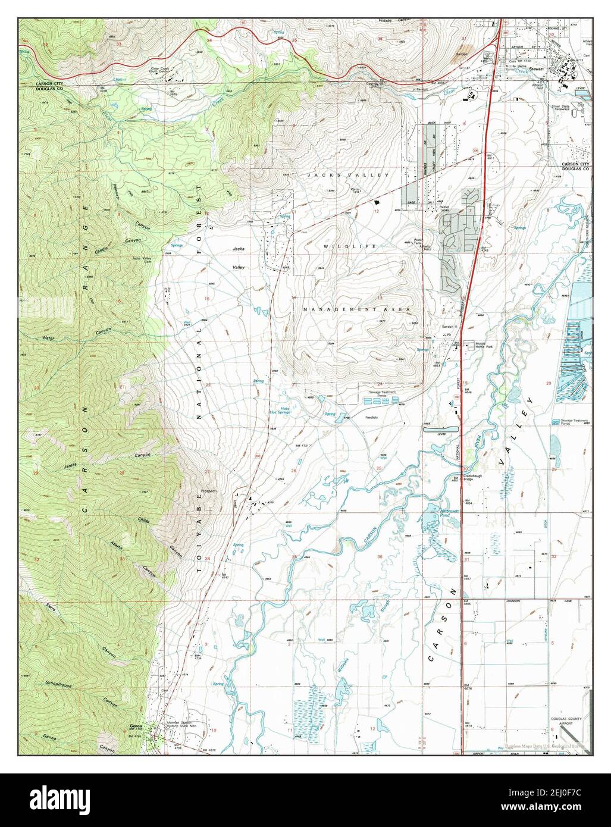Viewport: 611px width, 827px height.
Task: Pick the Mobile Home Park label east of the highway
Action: (482, 346)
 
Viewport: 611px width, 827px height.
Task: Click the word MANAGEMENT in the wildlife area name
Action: (340, 310)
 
